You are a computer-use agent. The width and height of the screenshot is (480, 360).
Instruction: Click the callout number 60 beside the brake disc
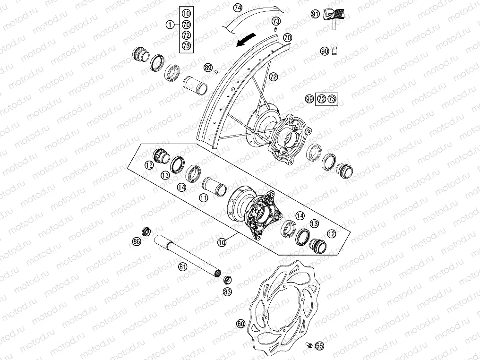241,324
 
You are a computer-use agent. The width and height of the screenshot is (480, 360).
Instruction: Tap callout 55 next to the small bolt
319,346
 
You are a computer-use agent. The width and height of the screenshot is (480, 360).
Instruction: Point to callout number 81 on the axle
183,267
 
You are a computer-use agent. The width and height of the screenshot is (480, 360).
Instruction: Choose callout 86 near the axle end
137,241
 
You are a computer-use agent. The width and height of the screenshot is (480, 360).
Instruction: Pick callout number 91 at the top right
316,15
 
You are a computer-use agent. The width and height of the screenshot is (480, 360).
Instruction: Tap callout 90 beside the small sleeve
325,51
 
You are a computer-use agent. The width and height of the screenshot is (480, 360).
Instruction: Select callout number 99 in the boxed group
309,99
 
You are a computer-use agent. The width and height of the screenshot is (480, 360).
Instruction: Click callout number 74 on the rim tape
238,8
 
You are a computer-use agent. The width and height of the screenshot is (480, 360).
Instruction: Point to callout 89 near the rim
208,68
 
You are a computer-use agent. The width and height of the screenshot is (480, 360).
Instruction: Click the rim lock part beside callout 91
334,17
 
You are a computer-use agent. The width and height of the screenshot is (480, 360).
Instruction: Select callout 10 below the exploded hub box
222,241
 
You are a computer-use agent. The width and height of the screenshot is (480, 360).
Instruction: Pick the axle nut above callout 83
227,279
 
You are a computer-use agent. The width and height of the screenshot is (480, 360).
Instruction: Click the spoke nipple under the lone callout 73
275,30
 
